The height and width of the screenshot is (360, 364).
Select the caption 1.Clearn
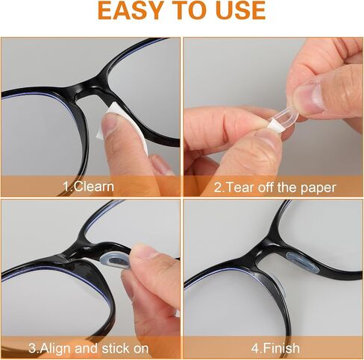pos(89,186)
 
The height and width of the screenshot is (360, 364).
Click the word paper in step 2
pos(318,188)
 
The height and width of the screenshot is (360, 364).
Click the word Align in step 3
pos(55,348)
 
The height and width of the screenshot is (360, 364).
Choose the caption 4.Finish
pos(275,348)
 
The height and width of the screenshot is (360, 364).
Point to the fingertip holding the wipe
pos(110,121)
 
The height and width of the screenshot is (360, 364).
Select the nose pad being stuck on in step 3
pos(115,262)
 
